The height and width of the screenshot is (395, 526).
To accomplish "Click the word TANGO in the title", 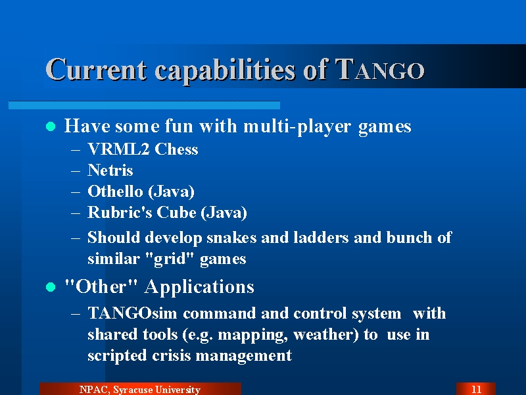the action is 380,70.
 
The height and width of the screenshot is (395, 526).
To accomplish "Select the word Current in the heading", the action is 96,70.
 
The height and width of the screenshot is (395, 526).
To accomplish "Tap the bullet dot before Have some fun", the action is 51,126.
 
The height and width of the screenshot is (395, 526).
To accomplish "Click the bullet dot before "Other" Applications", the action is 51,287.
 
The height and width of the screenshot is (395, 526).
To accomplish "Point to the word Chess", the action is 176,149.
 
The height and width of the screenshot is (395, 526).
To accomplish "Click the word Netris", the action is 110,170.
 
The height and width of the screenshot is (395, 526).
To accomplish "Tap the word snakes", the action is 231,238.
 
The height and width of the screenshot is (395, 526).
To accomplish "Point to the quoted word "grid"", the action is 170,259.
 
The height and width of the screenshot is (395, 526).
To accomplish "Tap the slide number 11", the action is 476,390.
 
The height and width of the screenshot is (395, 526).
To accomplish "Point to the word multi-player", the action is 298,127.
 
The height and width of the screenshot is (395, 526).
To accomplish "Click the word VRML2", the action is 119,149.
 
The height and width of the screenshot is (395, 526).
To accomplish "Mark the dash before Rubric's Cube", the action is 76,213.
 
